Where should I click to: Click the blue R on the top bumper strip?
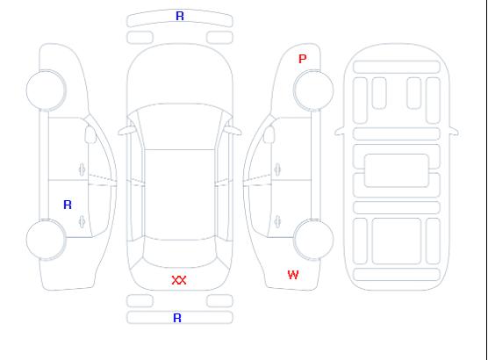coord(180,16)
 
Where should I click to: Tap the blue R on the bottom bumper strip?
coord(177,318)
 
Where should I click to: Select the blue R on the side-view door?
coord(68,205)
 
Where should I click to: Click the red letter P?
coord(302,59)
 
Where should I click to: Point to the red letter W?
coord(293,275)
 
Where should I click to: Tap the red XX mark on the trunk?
coord(179,280)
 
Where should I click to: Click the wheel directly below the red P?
coord(313,90)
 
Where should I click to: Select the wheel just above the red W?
coord(313,239)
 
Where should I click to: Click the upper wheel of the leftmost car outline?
coord(46,90)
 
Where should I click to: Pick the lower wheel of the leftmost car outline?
coord(46,240)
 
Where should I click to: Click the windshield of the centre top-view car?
coord(180,126)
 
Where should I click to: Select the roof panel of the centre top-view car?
coord(180,195)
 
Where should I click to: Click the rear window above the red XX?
coord(180,254)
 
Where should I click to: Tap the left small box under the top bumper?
coord(140,38)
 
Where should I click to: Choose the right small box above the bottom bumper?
coord(219,301)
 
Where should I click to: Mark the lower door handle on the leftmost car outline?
coord(82,221)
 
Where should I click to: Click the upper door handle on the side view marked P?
coord(277,169)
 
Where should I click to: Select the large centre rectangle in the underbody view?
coord(397,170)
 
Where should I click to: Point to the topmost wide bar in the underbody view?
coord(397,67)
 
